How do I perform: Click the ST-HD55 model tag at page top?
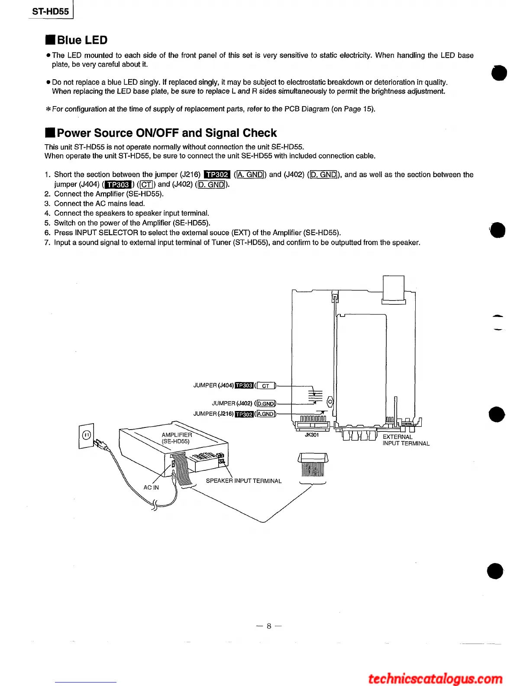coord(51,12)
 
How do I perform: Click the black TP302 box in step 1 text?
coord(217,175)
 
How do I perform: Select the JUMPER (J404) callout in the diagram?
coord(213,385)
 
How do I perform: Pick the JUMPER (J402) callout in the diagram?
coord(232,404)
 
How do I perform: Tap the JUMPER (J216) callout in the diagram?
coord(213,414)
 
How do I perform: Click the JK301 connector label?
coord(312,435)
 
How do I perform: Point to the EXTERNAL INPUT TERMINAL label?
coord(406,440)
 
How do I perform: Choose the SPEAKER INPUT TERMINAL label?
coord(243,481)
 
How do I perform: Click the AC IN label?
coord(151,488)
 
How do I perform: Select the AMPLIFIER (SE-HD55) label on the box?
coord(176,438)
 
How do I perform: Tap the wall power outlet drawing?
coord(87,436)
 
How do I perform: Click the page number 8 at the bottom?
coord(268,626)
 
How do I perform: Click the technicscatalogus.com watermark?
coord(435,678)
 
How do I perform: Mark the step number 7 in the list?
coord(48,243)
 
